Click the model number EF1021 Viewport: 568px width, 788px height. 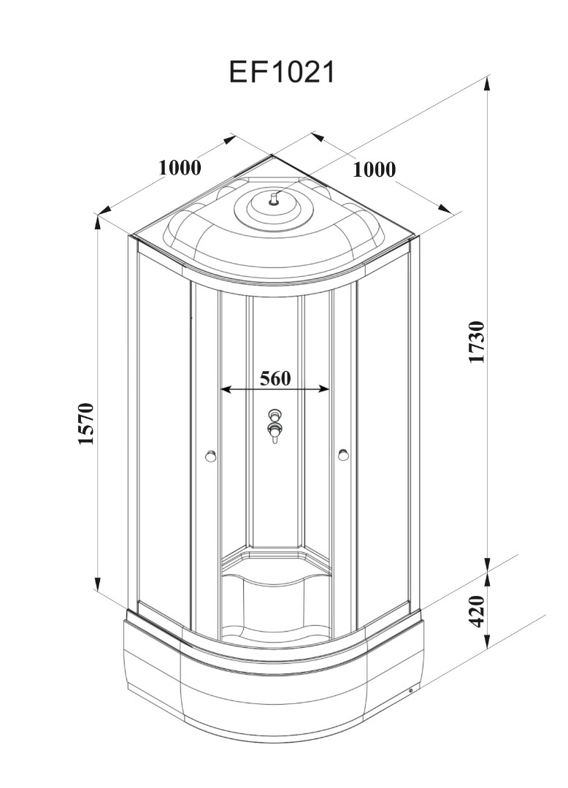pyautogui.click(x=281, y=72)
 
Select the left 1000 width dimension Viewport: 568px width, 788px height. pyautogui.click(x=180, y=167)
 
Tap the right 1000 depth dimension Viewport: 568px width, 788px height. pyautogui.click(x=374, y=169)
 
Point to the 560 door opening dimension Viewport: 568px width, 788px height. pyautogui.click(x=275, y=378)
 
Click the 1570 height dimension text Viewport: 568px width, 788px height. pyautogui.click(x=86, y=423)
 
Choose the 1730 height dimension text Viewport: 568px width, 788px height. pyautogui.click(x=476, y=343)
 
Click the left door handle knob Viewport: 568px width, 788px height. pyautogui.click(x=210, y=456)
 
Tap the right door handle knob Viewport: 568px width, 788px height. pyautogui.click(x=344, y=455)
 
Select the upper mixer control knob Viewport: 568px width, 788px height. pyautogui.click(x=275, y=415)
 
